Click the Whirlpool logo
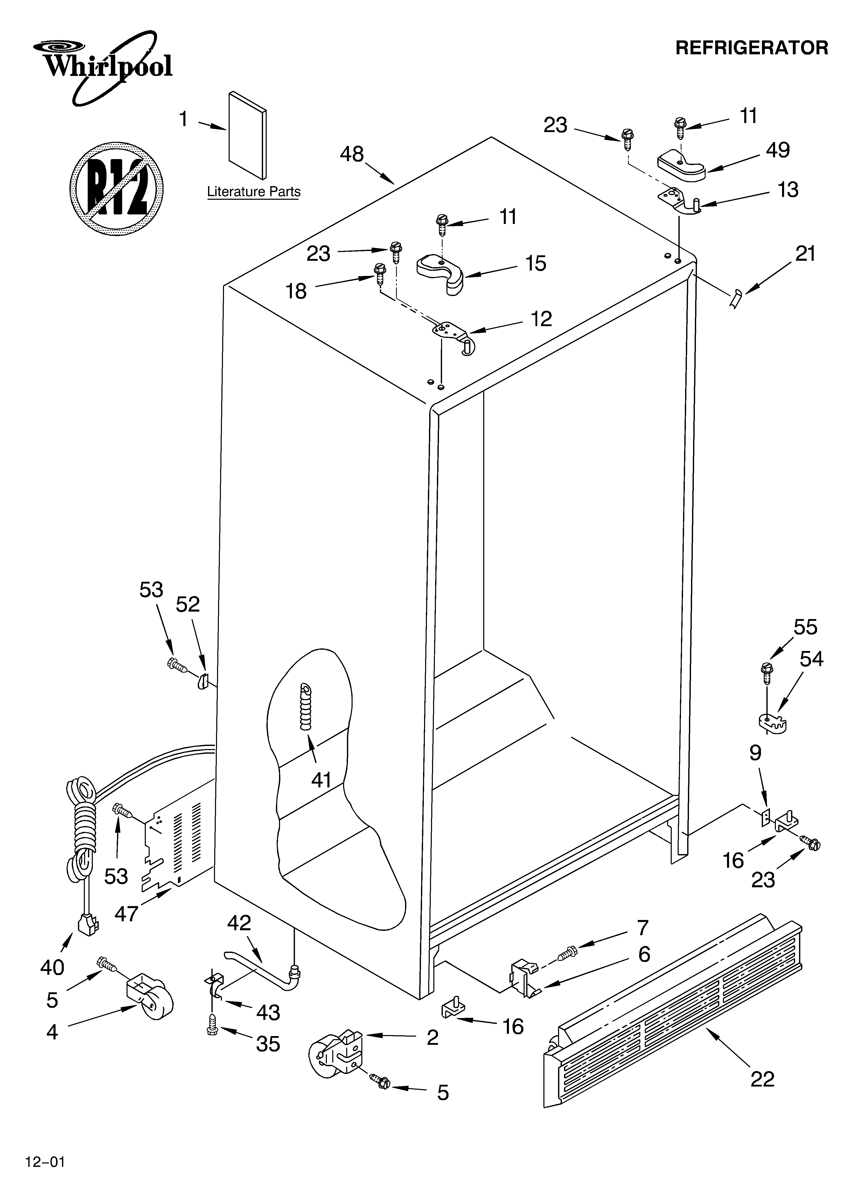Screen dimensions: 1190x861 (102, 66)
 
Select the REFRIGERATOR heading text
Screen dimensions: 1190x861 (751, 48)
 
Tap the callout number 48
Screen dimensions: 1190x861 (352, 154)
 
